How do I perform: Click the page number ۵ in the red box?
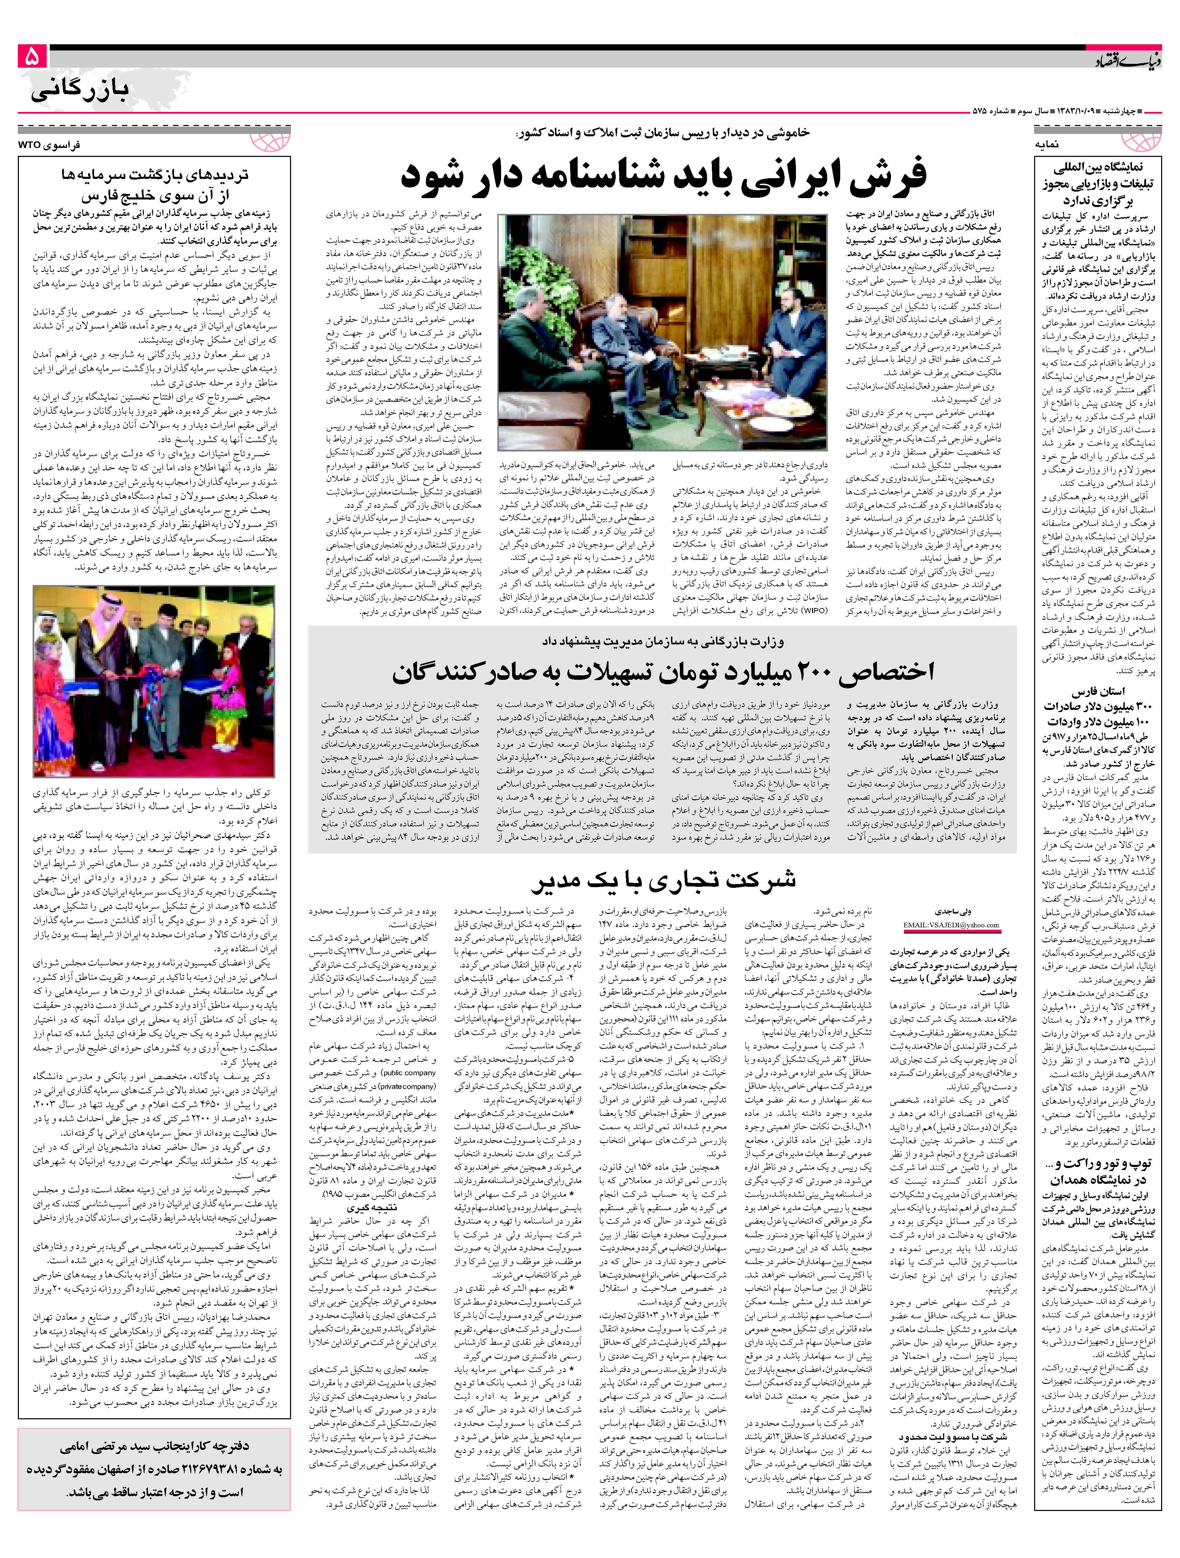32,56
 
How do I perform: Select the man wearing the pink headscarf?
106,627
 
